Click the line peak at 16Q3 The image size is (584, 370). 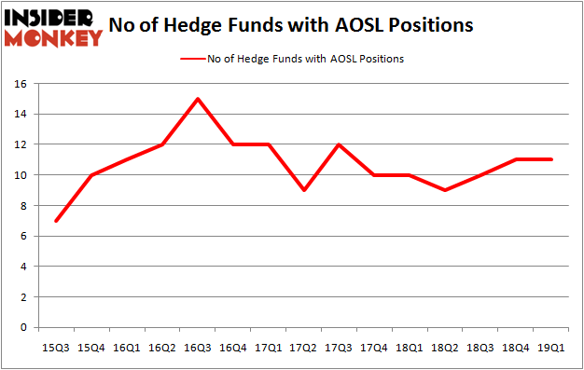(x=198, y=99)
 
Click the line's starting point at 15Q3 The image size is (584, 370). (x=56, y=221)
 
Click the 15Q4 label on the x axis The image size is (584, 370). (x=91, y=347)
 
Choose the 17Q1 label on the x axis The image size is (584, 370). (x=269, y=347)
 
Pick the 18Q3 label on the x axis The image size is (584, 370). (x=481, y=347)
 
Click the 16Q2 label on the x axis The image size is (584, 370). (x=162, y=347)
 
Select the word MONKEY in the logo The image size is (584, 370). (x=53, y=38)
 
